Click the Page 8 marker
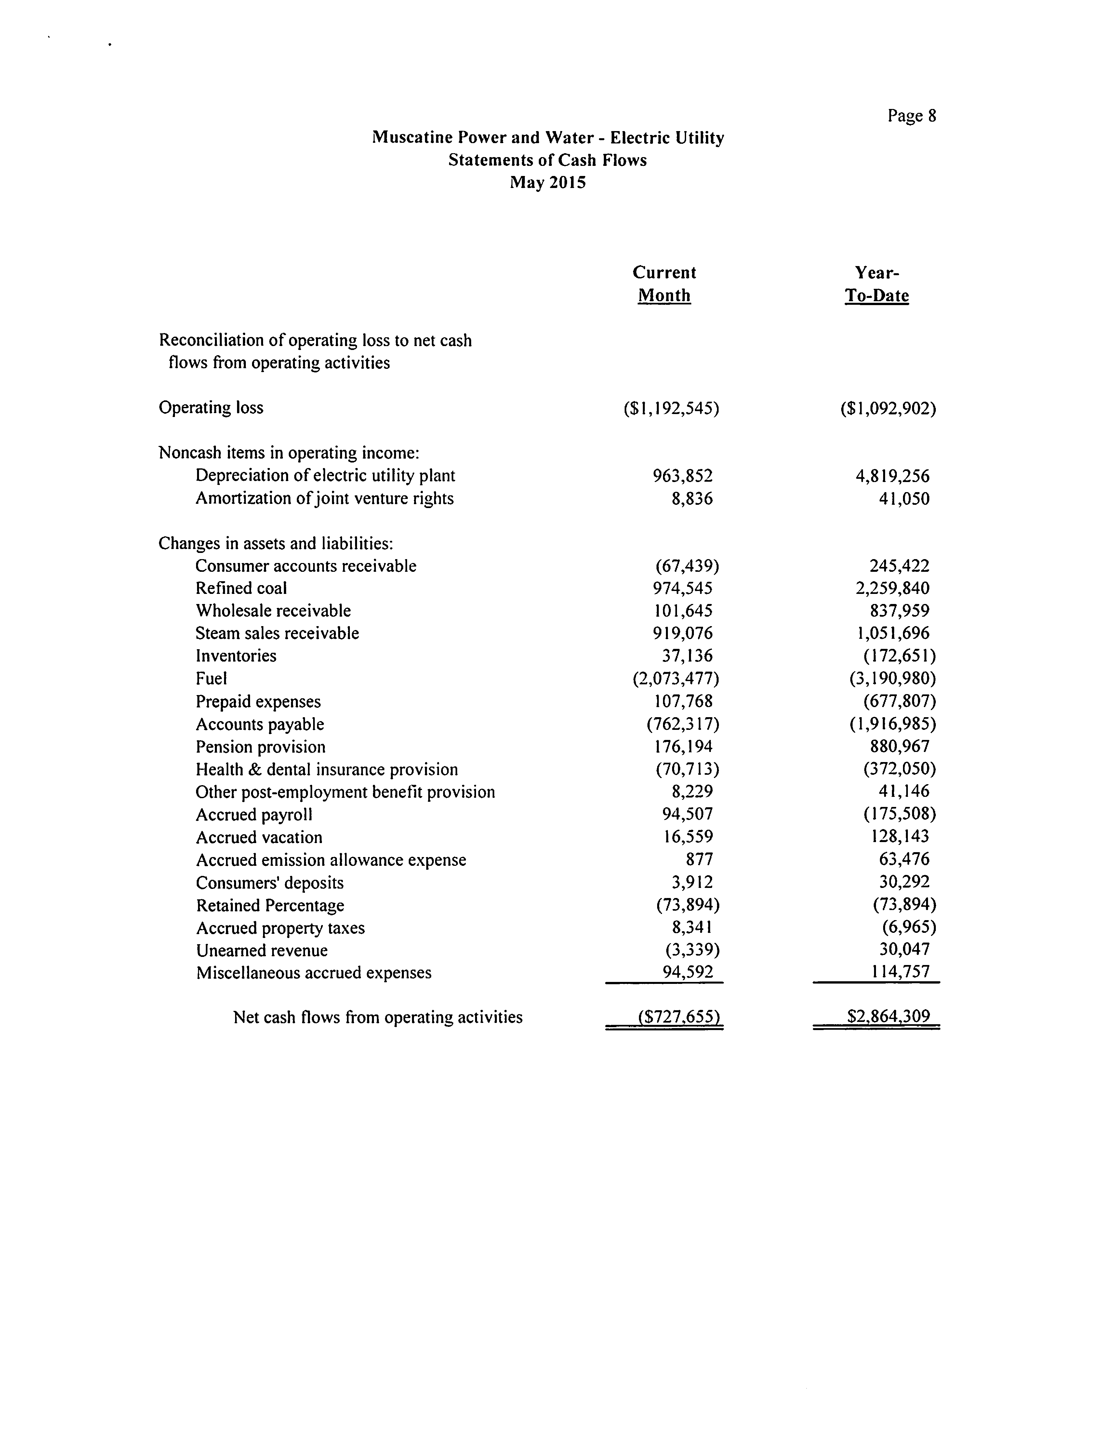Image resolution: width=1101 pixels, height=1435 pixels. (x=912, y=116)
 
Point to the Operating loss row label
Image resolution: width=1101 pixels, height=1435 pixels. (x=211, y=408)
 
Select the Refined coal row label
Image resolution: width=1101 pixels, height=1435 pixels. (x=241, y=588)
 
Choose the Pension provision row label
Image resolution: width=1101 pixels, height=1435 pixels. (x=260, y=747)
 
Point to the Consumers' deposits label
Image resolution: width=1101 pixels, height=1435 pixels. (x=269, y=882)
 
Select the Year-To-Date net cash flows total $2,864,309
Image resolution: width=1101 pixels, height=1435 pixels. (x=888, y=1017)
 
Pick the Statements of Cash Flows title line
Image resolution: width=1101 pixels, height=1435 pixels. (x=547, y=160)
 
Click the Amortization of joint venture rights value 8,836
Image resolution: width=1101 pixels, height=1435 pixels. (x=692, y=499)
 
